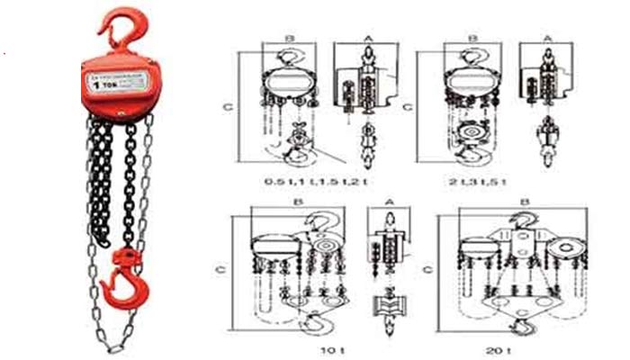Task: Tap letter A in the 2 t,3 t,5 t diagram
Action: click(549, 39)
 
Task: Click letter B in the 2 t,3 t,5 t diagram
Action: click(473, 39)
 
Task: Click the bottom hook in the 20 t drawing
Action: click(518, 327)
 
